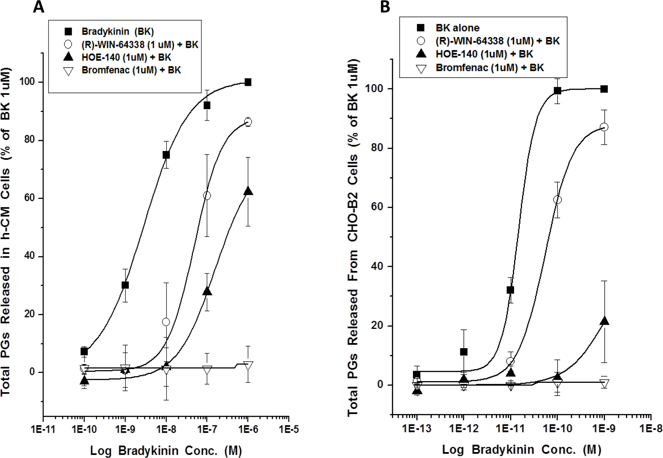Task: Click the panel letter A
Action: click(38, 7)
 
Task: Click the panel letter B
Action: click(385, 7)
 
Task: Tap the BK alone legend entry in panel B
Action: click(457, 28)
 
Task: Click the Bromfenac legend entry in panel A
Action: click(131, 70)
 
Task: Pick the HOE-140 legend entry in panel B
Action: click(484, 54)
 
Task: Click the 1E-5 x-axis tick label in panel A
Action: click(289, 429)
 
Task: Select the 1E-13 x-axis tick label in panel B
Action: click(417, 428)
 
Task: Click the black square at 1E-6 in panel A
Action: click(248, 82)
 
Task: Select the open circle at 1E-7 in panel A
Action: click(207, 195)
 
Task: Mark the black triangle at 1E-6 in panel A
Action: click(248, 191)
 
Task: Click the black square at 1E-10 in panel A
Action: click(84, 352)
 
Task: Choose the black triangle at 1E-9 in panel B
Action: click(604, 322)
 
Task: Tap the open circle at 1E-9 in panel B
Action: click(604, 127)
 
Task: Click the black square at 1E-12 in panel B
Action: click(463, 352)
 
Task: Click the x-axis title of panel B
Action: click(521, 450)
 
